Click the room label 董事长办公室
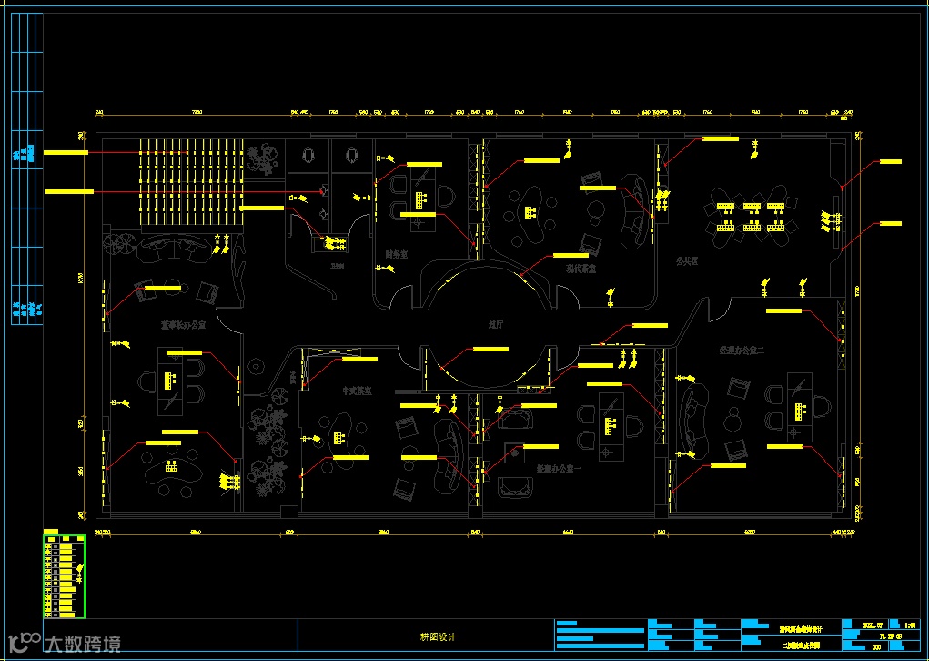coord(183,323)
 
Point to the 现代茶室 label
coord(581,269)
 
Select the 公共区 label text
coord(686,259)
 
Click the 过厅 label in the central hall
coord(496,323)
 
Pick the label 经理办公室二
coord(740,349)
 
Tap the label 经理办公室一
coord(558,469)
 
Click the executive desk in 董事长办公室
coord(169,378)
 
